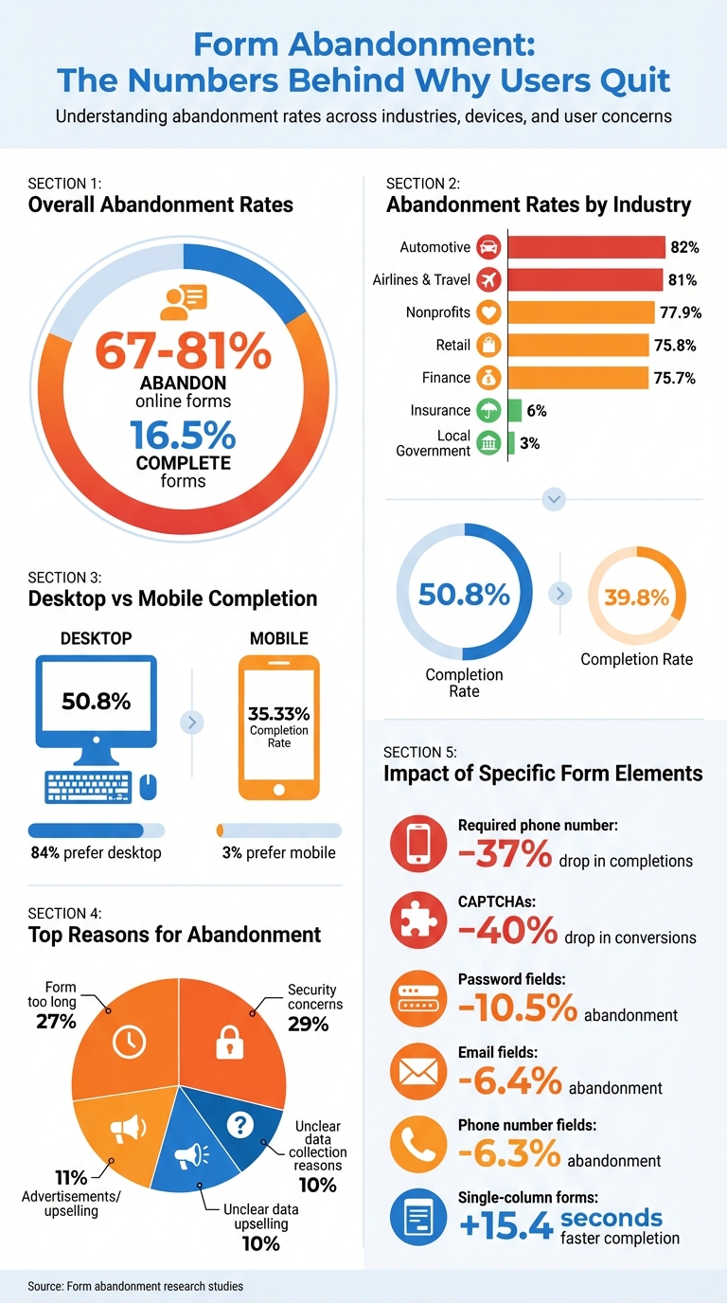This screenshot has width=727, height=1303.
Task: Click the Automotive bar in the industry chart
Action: pyautogui.click(x=586, y=247)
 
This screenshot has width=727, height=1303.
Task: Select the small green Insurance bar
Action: pyautogui.click(x=515, y=410)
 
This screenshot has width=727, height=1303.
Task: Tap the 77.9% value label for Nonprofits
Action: pyautogui.click(x=678, y=312)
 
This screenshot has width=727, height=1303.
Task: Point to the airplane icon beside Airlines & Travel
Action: pyautogui.click(x=488, y=280)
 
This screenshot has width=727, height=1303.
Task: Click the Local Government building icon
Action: pyautogui.click(x=488, y=443)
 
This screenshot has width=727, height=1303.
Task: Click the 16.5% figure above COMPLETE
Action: pyautogui.click(x=183, y=435)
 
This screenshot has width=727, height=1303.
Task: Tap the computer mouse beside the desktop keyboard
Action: pyautogui.click(x=149, y=785)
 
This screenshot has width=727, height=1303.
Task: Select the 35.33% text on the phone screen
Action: pyautogui.click(x=278, y=714)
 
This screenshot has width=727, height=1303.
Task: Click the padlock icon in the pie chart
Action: pyautogui.click(x=230, y=1042)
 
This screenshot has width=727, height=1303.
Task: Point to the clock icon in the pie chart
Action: pyautogui.click(x=129, y=1042)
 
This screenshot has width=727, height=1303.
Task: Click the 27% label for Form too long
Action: pyautogui.click(x=58, y=1022)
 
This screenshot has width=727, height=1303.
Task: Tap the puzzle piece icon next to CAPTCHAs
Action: pyautogui.click(x=417, y=920)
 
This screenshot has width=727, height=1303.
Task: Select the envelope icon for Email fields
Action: pyautogui.click(x=417, y=1071)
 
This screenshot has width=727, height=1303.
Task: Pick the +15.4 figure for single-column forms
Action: pyautogui.click(x=505, y=1225)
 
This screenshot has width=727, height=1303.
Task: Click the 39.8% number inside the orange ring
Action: pyautogui.click(x=636, y=598)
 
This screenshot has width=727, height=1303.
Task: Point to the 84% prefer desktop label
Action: pyautogui.click(x=96, y=852)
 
